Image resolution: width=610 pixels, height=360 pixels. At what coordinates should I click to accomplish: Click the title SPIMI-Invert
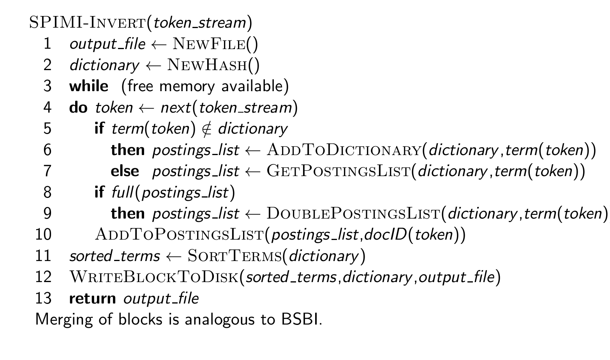point(88,23)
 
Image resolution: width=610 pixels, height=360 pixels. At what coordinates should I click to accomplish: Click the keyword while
point(89,86)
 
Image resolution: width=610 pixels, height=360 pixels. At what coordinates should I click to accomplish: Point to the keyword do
point(78,107)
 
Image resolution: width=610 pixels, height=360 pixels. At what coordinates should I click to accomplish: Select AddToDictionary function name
point(344,150)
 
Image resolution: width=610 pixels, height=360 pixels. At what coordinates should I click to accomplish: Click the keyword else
point(125,171)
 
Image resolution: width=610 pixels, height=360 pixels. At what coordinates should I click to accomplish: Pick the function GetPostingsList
point(338,171)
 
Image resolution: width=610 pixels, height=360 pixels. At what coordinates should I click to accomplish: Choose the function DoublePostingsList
point(353,214)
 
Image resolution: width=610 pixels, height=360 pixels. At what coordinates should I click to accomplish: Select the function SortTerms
point(234,256)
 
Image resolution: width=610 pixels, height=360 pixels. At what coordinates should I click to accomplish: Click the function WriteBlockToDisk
point(154,277)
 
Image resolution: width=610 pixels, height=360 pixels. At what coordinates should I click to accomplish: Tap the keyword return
point(92,298)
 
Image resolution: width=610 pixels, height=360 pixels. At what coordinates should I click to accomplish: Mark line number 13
point(43,298)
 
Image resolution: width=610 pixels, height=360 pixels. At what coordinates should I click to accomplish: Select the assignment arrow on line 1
point(159,44)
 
